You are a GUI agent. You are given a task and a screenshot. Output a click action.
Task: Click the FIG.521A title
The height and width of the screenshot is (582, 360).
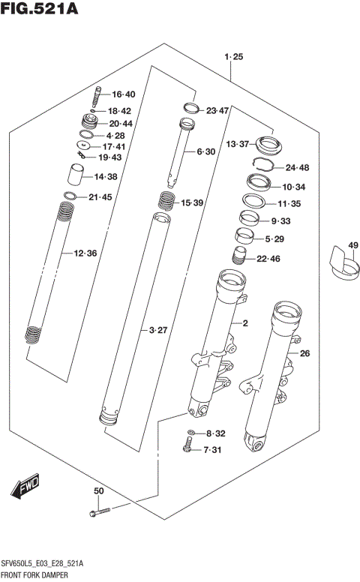coord(38,9)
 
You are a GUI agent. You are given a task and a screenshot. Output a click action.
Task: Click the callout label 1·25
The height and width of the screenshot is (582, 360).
coord(233,57)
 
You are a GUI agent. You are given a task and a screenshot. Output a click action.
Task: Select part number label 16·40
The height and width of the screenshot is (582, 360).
coord(124,94)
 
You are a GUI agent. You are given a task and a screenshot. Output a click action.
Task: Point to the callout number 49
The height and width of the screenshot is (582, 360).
coord(353,245)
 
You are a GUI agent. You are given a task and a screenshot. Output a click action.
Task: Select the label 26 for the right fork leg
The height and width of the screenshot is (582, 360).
coord(304,353)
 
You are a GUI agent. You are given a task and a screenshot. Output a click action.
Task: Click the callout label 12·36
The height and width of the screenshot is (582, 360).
coord(85,253)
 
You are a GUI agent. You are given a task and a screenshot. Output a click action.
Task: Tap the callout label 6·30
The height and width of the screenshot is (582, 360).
coord(205,151)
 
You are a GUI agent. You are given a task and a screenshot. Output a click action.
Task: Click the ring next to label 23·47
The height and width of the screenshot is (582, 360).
coord(190,108)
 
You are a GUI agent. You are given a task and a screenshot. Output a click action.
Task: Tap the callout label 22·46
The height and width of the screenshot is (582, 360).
coord(268,259)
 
